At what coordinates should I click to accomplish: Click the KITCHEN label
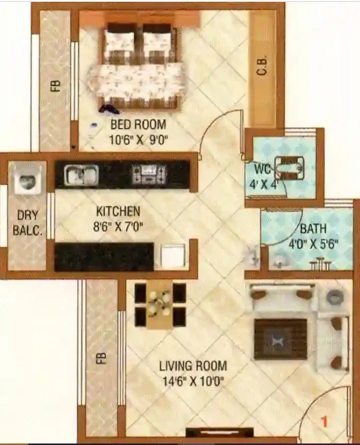118,212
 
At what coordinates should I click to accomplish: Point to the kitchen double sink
81,174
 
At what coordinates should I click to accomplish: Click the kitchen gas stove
149,174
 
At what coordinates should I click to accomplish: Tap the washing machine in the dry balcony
28,180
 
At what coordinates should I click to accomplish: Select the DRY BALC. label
27,223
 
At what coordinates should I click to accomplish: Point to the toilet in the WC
289,167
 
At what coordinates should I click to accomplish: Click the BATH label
313,229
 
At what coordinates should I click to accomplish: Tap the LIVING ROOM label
193,367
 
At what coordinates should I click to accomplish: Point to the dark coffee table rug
281,339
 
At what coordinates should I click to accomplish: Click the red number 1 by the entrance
325,423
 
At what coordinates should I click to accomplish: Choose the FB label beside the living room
101,359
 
